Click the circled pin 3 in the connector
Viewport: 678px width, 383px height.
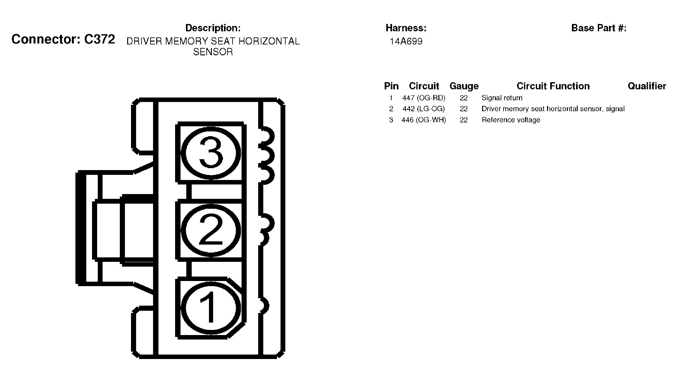coord(211,152)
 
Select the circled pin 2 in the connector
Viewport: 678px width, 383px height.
coord(211,230)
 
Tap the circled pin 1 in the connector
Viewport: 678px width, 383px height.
coord(211,308)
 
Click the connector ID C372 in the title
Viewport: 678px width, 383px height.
coord(99,39)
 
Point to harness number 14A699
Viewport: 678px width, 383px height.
coord(406,42)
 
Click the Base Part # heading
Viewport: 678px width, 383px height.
coord(599,28)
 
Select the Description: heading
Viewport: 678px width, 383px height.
coord(213,28)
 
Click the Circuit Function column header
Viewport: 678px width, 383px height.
coord(553,86)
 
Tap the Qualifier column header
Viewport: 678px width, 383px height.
coord(647,86)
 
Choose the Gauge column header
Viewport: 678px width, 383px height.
coord(464,86)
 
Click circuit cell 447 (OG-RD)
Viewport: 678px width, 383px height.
coord(424,98)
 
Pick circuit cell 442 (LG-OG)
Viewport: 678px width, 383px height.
coord(424,109)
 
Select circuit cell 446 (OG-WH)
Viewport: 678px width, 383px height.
coord(424,120)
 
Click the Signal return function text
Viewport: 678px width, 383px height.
coord(502,98)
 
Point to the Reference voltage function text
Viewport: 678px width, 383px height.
coord(511,120)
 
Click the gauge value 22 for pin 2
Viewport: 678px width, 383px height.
coord(464,109)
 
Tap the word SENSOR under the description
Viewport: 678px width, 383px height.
coord(213,52)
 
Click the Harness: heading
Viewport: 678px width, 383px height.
coord(406,28)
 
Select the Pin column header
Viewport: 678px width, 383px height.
coord(391,86)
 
